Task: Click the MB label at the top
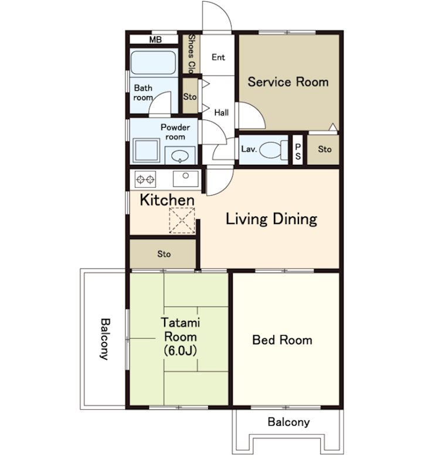[155, 39]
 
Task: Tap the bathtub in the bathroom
[153, 63]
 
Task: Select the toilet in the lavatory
[273, 149]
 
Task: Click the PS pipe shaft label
[298, 151]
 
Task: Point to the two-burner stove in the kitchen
[145, 179]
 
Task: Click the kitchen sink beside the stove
[185, 179]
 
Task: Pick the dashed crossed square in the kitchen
[182, 221]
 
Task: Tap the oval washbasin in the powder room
[180, 155]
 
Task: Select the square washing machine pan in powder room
[146, 151]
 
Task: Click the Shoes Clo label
[191, 54]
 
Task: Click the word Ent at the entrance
[218, 57]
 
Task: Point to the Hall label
[221, 113]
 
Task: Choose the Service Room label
[288, 81]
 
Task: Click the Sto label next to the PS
[324, 149]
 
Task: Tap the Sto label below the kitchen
[164, 254]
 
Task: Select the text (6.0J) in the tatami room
[181, 350]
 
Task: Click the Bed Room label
[282, 340]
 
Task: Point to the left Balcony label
[104, 339]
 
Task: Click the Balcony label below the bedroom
[288, 422]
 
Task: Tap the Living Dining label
[271, 219]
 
